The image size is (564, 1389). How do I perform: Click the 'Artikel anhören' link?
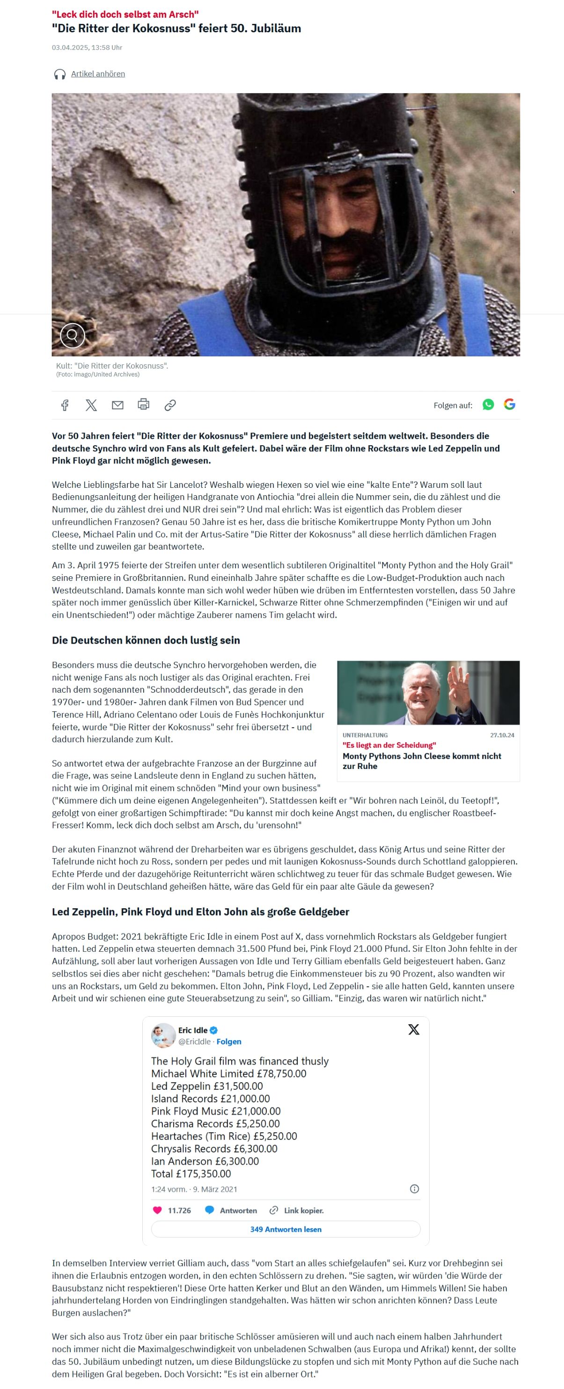98,74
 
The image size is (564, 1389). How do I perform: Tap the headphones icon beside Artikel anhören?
60,74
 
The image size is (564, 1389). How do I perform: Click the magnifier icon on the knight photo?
73,335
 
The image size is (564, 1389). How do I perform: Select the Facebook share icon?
65,405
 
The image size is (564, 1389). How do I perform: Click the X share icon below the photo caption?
91,405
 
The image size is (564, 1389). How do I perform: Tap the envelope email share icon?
117,405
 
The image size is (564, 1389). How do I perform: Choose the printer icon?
144,404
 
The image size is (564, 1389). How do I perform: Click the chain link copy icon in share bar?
170,405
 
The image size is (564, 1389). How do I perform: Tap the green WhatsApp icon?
488,405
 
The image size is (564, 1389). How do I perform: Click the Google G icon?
510,405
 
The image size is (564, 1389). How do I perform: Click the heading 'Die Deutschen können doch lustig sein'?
146,640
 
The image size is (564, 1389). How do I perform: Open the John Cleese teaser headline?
422,761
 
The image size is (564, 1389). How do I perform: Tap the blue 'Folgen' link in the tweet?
229,1041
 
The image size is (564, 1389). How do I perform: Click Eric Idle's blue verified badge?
214,1030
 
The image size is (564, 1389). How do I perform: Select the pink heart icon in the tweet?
157,1210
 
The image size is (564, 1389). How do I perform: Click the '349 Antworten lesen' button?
286,1229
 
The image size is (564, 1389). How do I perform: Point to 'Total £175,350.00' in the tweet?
191,1173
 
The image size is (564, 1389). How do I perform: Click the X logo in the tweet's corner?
413,1029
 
